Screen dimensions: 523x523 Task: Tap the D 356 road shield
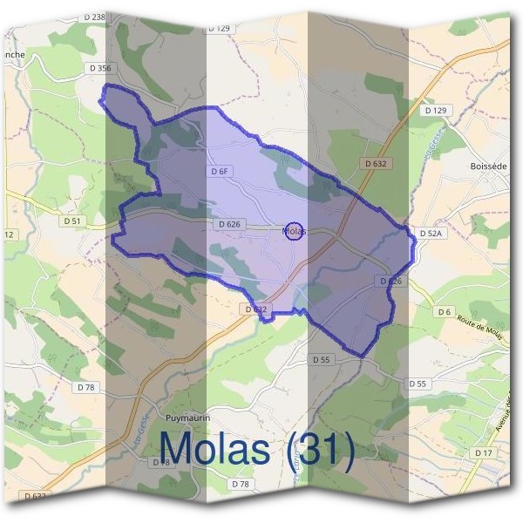pos(99,67)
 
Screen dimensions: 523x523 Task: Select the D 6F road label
pos(219,172)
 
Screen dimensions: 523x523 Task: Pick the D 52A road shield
pos(431,234)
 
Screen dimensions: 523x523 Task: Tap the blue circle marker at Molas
pos(294,231)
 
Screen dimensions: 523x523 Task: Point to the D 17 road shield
pos(483,453)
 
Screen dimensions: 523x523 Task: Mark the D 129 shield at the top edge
pos(220,29)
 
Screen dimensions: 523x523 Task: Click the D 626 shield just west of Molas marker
pos(229,224)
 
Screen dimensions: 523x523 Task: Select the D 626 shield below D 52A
pos(391,281)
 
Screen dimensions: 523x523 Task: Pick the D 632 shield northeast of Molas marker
pos(374,163)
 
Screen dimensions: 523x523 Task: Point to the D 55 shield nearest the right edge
pos(417,384)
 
